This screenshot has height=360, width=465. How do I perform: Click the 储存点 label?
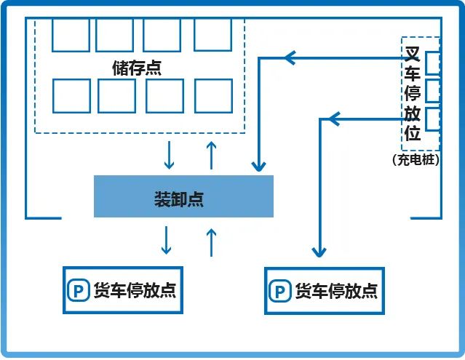(137, 68)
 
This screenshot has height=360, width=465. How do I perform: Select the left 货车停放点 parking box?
(122, 291)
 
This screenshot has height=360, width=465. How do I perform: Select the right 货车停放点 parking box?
(323, 291)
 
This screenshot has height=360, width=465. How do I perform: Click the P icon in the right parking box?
(279, 291)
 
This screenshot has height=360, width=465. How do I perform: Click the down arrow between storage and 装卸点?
(169, 155)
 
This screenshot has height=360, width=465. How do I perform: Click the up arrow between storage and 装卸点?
(212, 155)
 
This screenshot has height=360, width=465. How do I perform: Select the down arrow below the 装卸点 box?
(167, 241)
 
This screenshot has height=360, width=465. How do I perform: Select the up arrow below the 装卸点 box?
(212, 241)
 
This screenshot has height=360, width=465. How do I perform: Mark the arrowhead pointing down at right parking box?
(318, 251)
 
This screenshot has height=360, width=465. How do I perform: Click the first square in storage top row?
(71, 35)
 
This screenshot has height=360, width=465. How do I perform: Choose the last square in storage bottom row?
(212, 95)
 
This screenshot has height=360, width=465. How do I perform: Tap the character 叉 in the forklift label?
(413, 54)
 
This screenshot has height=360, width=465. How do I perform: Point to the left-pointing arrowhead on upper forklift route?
(290, 56)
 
